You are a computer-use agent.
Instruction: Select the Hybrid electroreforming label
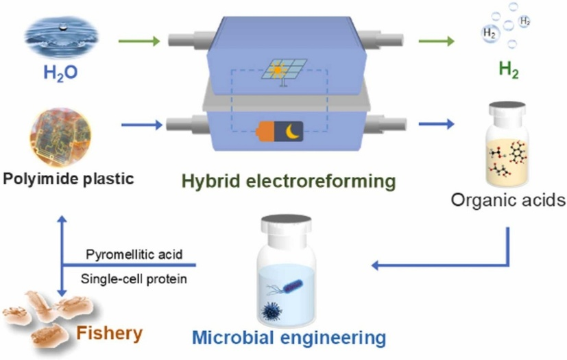pyautogui.click(x=289, y=182)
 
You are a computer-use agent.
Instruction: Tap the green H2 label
pyautogui.click(x=508, y=71)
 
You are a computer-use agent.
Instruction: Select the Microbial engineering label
pyautogui.click(x=289, y=337)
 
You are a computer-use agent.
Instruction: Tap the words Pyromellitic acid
pyautogui.click(x=134, y=255)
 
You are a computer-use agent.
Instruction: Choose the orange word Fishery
pyautogui.click(x=110, y=334)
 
